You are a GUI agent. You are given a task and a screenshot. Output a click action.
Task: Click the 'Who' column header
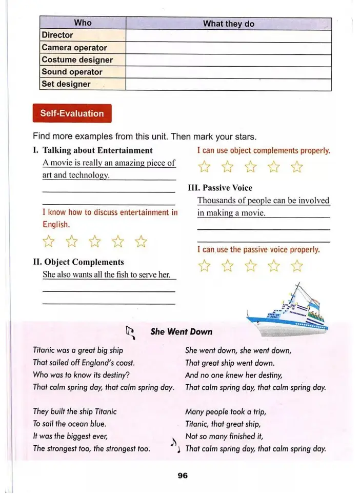coord(83,23)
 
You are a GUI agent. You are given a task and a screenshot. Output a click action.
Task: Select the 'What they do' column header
coord(228,24)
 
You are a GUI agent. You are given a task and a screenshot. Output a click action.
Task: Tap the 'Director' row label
coord(57,35)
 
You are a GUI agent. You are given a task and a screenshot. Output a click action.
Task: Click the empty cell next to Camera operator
coord(228,48)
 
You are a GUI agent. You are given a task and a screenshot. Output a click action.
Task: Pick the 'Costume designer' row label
coord(77,60)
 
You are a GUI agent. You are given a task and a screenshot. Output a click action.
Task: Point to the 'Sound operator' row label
coord(72,72)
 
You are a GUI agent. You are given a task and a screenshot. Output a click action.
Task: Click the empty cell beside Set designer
coord(228,85)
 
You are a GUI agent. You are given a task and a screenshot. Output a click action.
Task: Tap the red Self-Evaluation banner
coord(72,114)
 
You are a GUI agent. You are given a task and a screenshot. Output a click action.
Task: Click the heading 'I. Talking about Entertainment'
coord(92,150)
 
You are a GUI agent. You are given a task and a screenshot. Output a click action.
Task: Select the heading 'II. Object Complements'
coord(78,262)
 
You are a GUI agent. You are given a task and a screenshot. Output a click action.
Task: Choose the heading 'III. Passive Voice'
coord(221,188)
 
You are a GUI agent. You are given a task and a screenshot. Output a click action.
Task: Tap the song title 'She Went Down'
coord(181,332)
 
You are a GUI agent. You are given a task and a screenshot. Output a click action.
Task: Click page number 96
coord(183,476)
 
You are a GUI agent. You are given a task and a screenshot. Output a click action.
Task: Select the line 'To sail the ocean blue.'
coord(70,424)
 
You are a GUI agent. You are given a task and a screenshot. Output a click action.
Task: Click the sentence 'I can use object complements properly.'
coord(264,151)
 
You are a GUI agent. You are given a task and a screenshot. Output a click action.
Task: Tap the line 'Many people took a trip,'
coord(226,411)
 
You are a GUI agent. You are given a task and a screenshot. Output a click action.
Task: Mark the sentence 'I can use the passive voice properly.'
coord(258,250)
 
